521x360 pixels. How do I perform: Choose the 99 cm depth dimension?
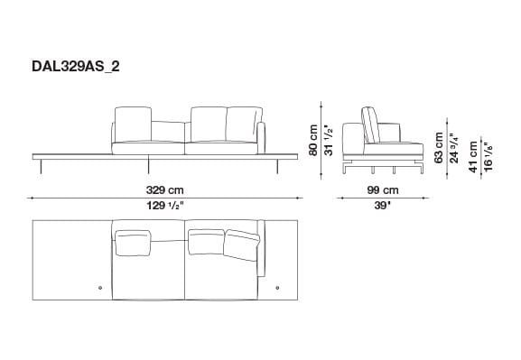(383, 189)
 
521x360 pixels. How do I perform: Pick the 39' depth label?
(383, 207)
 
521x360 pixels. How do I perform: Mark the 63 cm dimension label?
(439, 147)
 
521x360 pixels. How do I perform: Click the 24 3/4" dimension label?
(453, 147)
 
